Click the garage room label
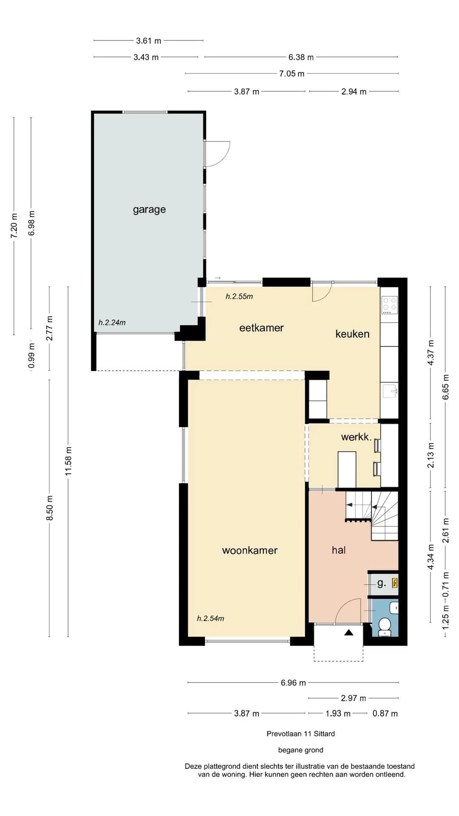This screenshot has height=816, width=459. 149,210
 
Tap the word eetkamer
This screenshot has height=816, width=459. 261,328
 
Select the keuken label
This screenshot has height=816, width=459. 352,334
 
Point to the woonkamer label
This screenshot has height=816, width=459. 250,550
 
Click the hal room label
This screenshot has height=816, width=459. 339,550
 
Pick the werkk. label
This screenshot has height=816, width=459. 357,436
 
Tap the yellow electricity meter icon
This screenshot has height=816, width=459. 395,583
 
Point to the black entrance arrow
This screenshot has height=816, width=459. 349,632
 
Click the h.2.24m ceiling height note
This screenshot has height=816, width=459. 112,323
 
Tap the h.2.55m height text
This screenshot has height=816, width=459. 239,297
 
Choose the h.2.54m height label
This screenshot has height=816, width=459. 210,618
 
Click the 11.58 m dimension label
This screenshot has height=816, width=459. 68,461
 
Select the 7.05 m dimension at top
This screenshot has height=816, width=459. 292,74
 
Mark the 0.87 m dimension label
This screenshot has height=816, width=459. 385,714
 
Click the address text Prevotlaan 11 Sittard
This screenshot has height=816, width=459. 301,734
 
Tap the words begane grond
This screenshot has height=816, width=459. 301,750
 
